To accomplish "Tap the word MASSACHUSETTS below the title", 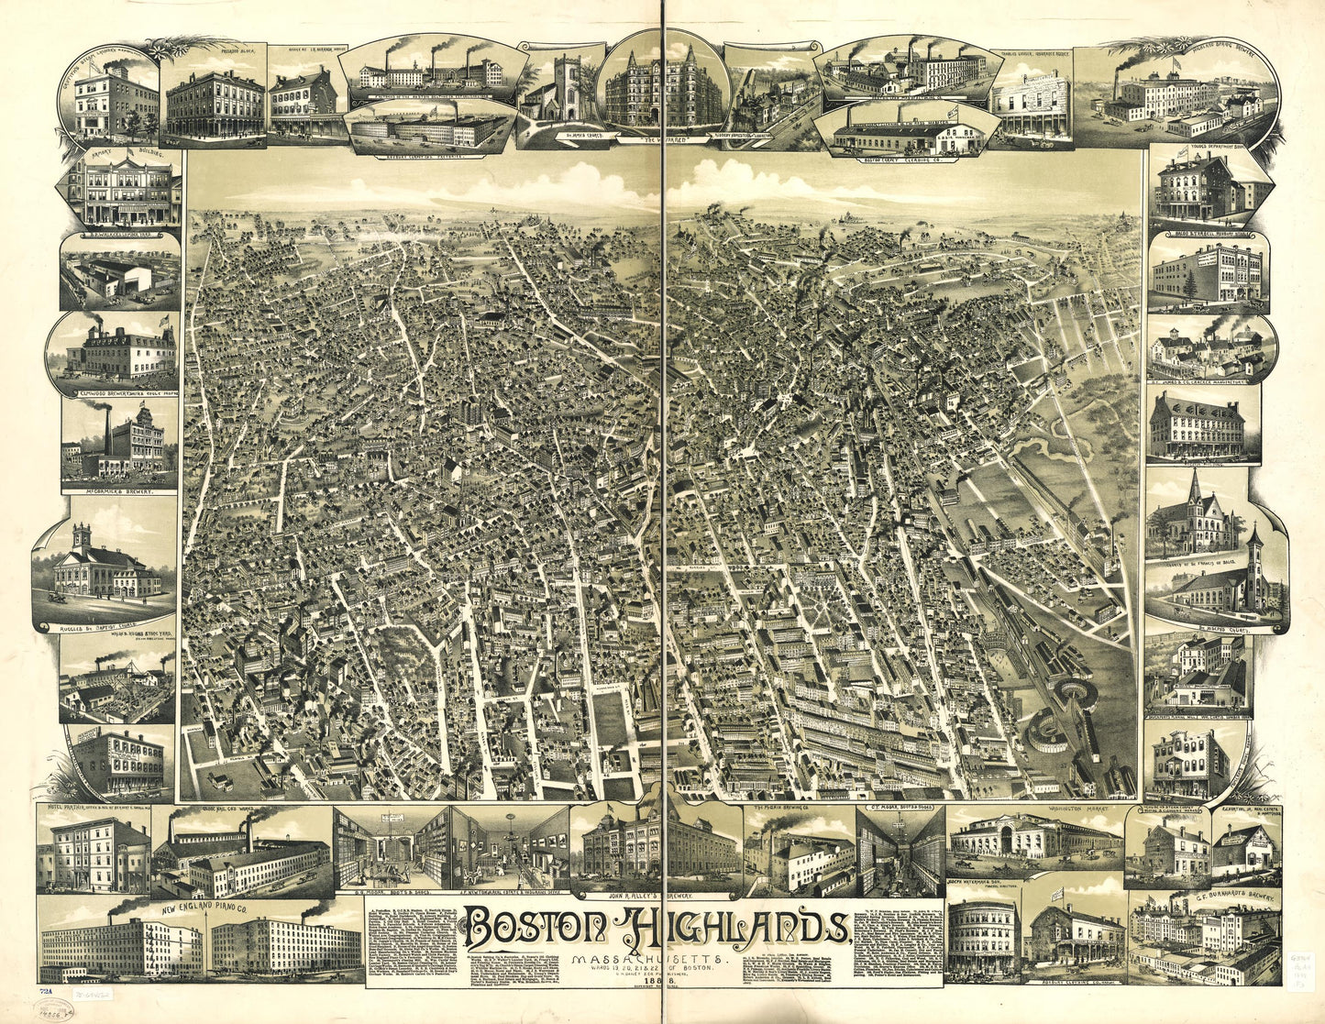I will coord(647,959).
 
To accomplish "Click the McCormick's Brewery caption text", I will coord(119,491).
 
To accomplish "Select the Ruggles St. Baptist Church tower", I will coord(82,537).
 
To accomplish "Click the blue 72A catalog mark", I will coord(45,991).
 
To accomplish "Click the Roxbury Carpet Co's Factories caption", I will coord(426,156).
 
